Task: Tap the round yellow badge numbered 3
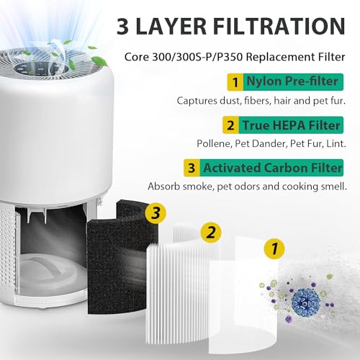click(153, 212)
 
